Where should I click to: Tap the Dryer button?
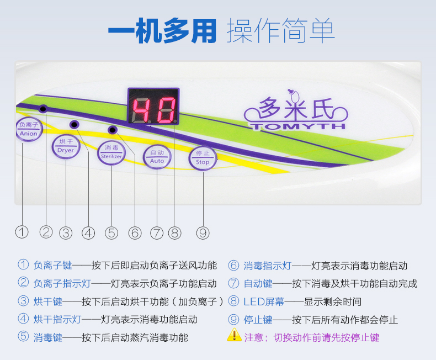66,146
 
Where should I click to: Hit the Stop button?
203,158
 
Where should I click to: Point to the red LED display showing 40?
153,105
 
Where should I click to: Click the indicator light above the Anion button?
43,109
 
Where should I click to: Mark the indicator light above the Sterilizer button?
113,130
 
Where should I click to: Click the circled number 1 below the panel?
22,232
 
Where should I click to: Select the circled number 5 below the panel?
112,233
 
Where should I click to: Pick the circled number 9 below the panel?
203,233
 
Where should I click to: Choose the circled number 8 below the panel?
175,233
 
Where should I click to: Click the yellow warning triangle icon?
234,335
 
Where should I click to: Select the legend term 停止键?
258,320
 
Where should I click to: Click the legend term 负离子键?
53,266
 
